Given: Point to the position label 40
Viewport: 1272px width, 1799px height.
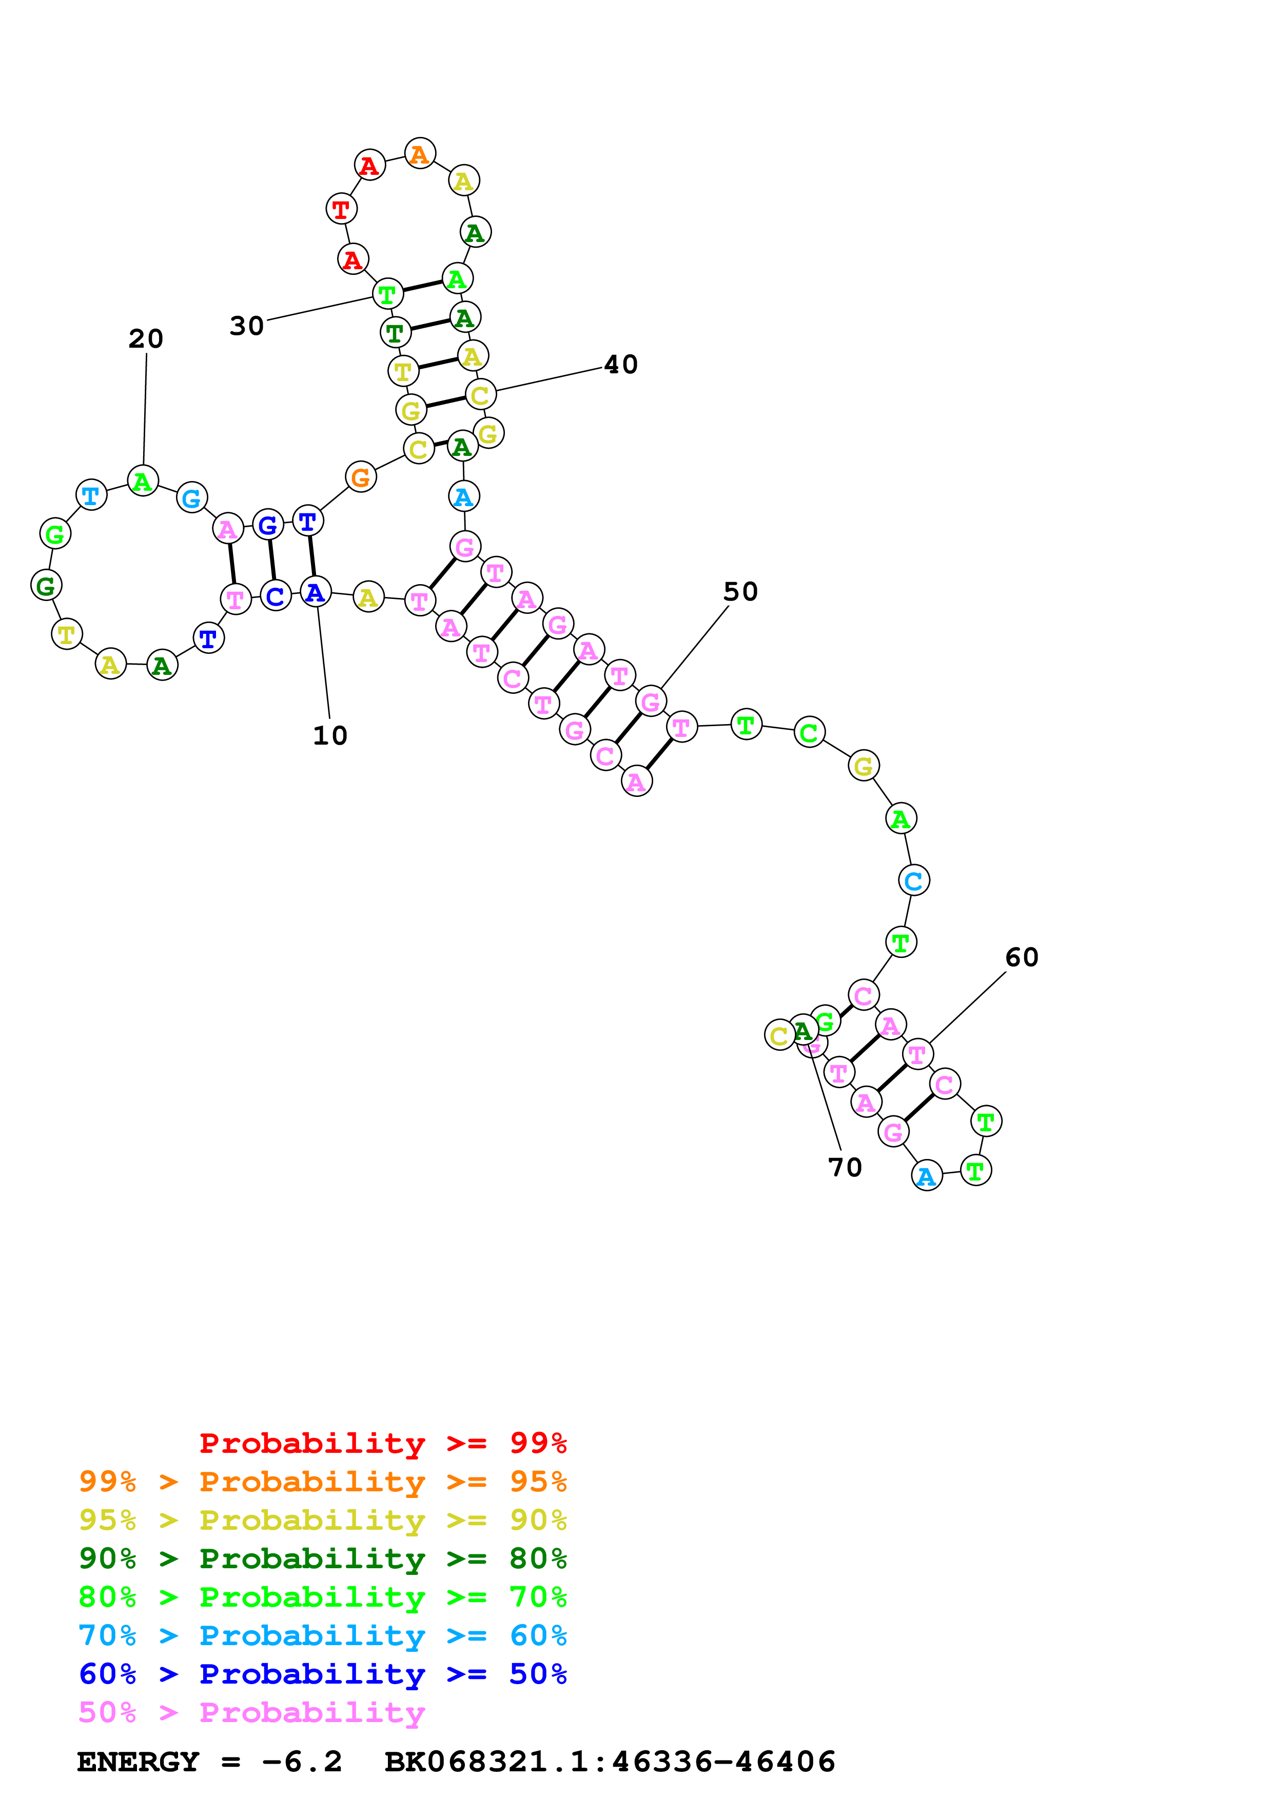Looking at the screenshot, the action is point(621,364).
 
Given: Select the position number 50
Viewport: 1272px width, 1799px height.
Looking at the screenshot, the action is point(740,592).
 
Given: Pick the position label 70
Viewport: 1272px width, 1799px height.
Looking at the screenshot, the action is point(845,1168).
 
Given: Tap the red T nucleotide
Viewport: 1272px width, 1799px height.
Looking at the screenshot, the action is point(341,209).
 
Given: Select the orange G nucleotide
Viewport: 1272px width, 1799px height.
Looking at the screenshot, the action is point(361,476).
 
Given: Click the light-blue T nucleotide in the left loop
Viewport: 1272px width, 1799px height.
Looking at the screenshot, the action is point(91,495).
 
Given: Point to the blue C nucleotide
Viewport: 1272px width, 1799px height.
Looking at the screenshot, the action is point(275,596).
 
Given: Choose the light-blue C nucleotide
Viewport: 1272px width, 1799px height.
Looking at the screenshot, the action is point(914,880).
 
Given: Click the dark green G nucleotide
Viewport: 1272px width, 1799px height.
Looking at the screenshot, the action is point(46,585).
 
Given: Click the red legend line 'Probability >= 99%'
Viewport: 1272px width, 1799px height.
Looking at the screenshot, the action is point(382,1443).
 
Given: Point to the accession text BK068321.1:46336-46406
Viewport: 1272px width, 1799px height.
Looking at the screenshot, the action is point(610,1762).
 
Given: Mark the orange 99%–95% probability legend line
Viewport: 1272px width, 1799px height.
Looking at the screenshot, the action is point(322,1481).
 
